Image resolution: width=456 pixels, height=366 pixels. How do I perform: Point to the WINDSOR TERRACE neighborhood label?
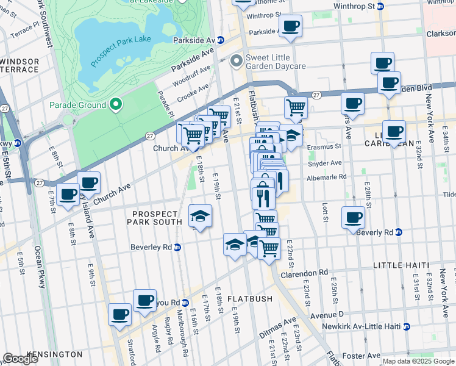click(20, 65)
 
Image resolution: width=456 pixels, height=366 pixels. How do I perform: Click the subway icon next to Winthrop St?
click(380, 6)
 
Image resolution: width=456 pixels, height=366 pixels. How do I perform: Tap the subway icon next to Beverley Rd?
click(177, 247)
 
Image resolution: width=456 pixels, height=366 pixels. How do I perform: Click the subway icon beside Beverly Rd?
click(399, 232)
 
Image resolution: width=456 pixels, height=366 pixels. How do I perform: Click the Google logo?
click(20, 359)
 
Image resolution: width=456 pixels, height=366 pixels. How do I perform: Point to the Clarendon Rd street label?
click(304, 273)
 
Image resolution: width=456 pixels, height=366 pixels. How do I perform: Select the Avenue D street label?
click(326, 314)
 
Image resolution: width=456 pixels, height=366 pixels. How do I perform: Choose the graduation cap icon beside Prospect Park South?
click(200, 215)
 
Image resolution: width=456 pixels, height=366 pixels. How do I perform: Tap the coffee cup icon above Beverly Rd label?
click(353, 218)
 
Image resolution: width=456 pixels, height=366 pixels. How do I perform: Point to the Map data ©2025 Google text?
click(418, 361)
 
